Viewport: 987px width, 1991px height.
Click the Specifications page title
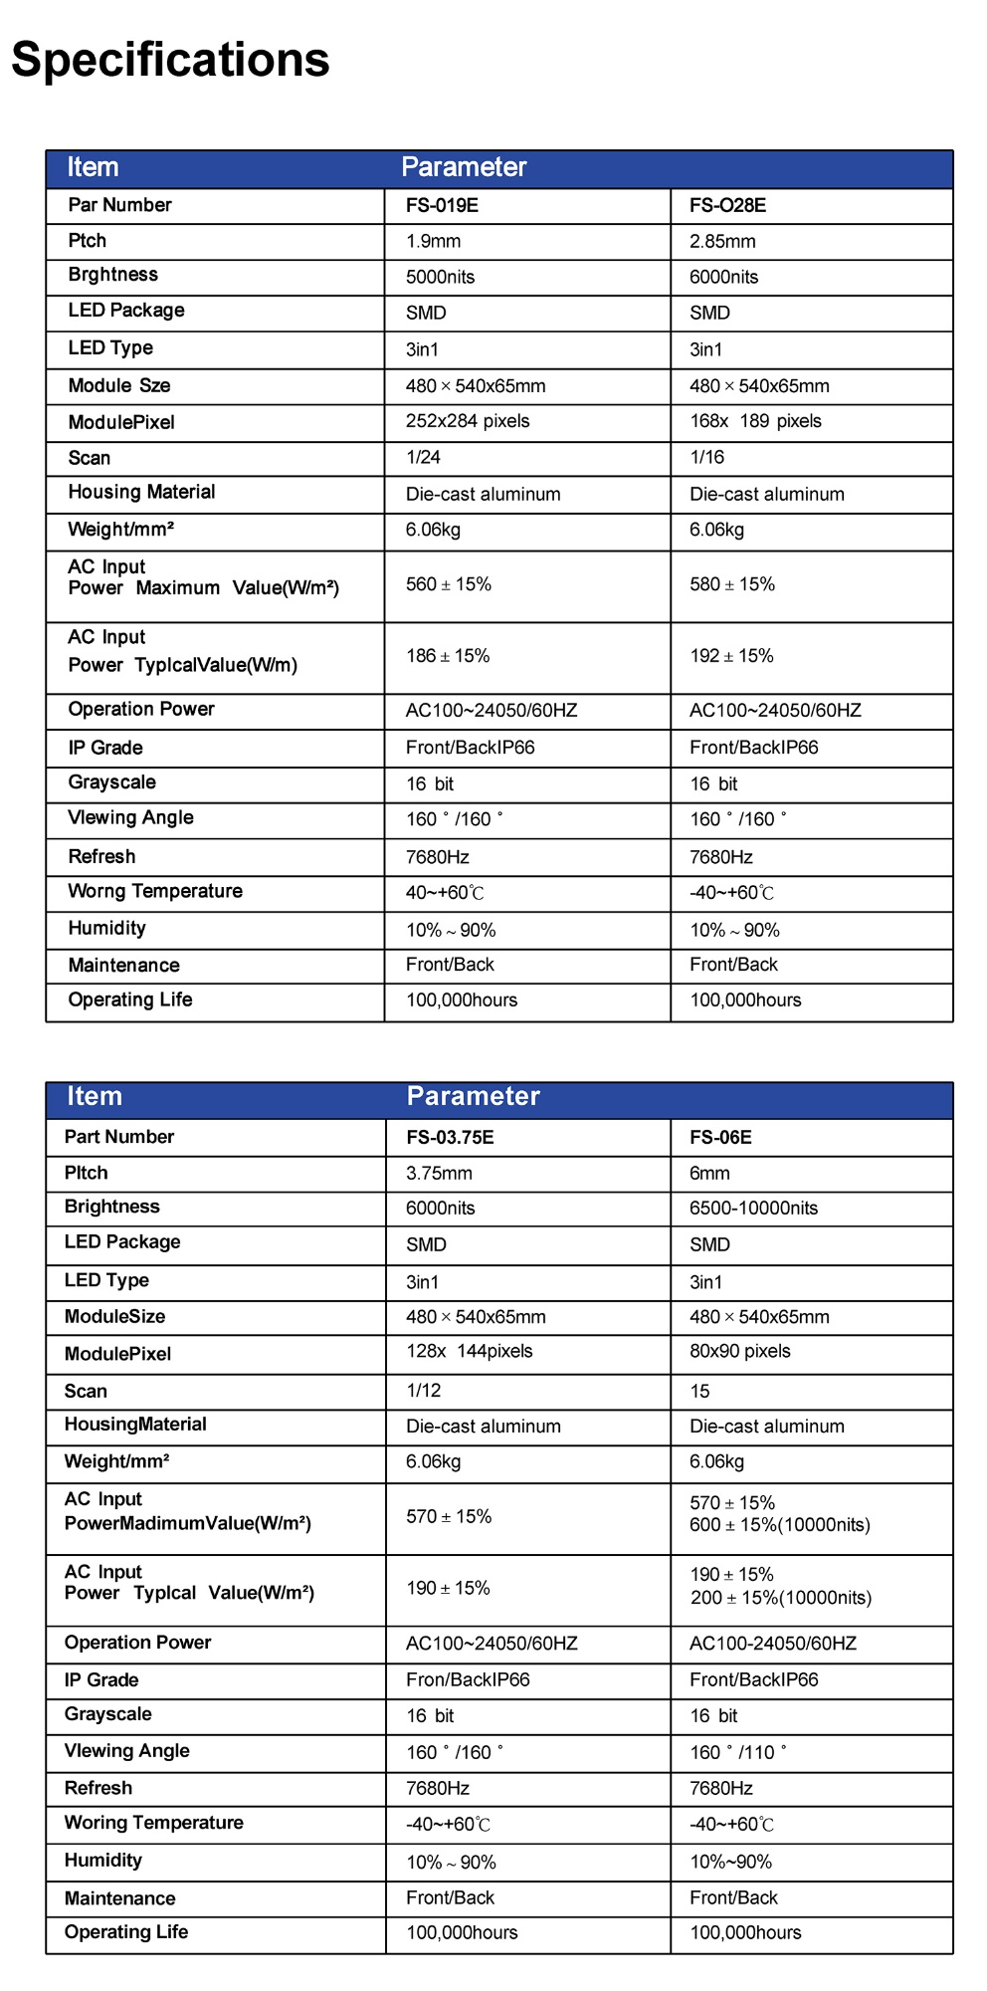pos(170,60)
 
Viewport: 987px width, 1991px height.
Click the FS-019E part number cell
pos(442,206)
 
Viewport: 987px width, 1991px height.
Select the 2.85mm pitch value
pos(722,242)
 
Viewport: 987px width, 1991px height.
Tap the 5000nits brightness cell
pos(440,278)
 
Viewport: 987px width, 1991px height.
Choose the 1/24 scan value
pos(423,458)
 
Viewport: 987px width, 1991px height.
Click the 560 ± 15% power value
pos(448,585)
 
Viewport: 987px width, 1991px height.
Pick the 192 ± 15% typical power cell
pos(731,657)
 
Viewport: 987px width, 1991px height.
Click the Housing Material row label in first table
pos(141,493)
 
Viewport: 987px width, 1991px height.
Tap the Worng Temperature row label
pos(155,892)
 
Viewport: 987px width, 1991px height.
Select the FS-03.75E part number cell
pos(450,1138)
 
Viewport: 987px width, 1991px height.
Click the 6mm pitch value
pos(709,1174)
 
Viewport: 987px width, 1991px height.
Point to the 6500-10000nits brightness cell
pos(753,1209)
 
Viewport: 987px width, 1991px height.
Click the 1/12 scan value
pos(423,1391)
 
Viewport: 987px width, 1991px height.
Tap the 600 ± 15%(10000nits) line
pos(779,1525)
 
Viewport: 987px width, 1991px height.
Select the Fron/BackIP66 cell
pos(468,1680)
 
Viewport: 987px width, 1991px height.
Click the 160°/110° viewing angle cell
pos(737,1753)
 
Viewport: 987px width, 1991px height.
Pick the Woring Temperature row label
pos(153,1823)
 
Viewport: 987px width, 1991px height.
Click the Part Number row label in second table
pos(118,1137)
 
